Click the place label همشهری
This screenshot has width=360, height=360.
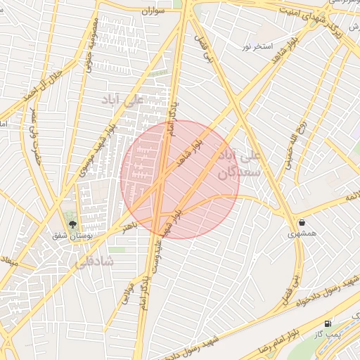(x=302, y=233)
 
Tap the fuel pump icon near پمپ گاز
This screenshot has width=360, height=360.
(x=328, y=323)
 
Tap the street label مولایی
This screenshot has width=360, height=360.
(x=129, y=295)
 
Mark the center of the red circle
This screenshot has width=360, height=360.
(x=180, y=179)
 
